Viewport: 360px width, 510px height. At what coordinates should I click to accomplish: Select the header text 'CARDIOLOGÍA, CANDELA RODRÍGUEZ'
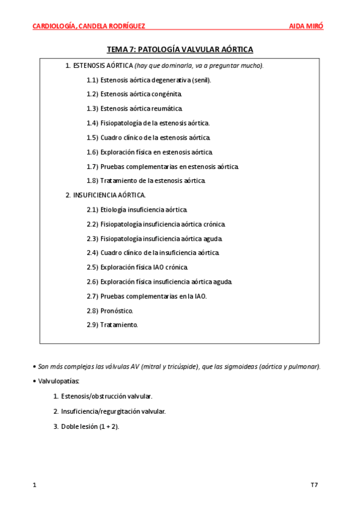88,26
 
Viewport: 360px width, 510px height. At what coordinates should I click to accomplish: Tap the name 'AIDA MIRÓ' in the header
306,26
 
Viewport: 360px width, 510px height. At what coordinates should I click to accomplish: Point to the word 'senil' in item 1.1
200,79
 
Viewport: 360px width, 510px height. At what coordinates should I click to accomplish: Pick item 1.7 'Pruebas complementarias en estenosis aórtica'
169,166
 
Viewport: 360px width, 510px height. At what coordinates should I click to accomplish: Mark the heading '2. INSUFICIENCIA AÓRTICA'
105,195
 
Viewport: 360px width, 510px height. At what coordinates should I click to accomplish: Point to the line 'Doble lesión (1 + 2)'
90,426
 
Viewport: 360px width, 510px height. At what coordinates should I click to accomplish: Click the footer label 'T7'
314,484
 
